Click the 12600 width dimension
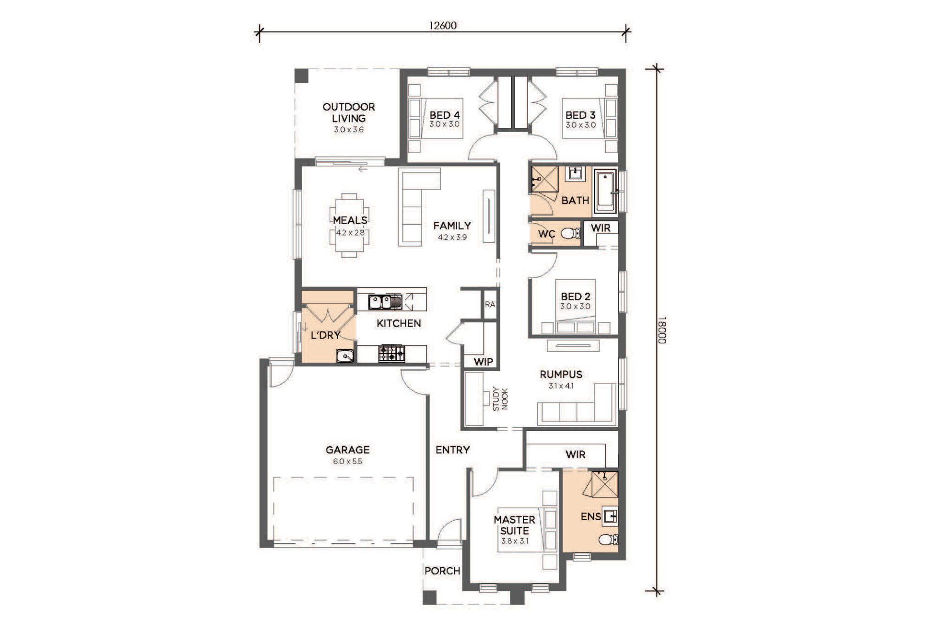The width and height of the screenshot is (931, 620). click(443, 25)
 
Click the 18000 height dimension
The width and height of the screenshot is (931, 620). click(662, 330)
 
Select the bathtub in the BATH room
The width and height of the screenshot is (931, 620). click(605, 192)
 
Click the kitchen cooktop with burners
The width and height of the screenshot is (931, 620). click(391, 353)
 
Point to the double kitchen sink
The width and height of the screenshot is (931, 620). click(385, 302)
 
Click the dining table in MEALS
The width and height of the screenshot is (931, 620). click(349, 225)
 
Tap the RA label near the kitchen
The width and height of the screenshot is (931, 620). click(490, 304)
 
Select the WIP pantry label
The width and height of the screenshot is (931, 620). click(483, 361)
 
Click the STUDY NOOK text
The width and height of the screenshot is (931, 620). click(500, 399)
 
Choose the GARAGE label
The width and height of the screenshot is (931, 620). click(348, 449)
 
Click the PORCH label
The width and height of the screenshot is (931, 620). click(442, 571)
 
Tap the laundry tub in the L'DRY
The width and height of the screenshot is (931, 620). click(345, 356)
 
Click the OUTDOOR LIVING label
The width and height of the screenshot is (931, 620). click(349, 112)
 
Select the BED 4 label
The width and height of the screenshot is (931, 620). click(444, 115)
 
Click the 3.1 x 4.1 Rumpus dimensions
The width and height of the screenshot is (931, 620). click(561, 386)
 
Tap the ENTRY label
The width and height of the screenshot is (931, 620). click(452, 450)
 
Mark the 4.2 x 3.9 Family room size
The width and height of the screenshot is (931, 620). click(452, 237)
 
